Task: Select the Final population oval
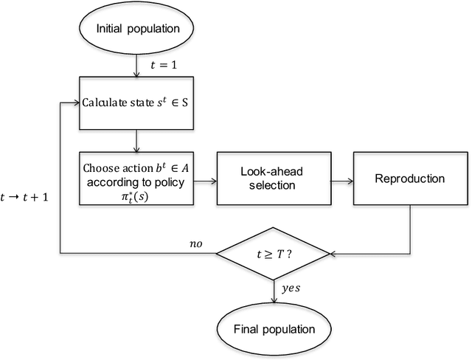[x=274, y=329]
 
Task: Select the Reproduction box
[x=411, y=179]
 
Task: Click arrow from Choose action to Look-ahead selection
[x=206, y=179]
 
